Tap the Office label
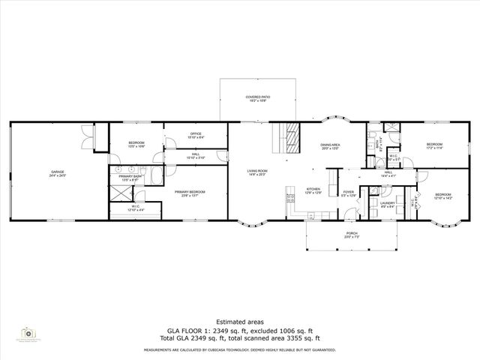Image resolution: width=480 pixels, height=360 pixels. (x=196, y=136)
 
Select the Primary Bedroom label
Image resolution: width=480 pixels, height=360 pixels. (x=190, y=193)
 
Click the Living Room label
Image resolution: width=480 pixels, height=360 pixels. (x=258, y=172)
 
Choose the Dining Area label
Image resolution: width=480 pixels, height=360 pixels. (x=331, y=146)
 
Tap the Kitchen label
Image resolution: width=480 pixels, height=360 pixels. (x=313, y=190)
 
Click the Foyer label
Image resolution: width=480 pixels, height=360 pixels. (x=349, y=193)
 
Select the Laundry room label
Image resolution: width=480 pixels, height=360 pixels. (x=387, y=204)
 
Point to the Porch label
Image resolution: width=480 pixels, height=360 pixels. (x=351, y=235)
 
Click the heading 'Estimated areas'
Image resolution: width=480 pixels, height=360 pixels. (x=239, y=321)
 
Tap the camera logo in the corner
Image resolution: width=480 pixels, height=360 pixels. (x=29, y=332)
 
